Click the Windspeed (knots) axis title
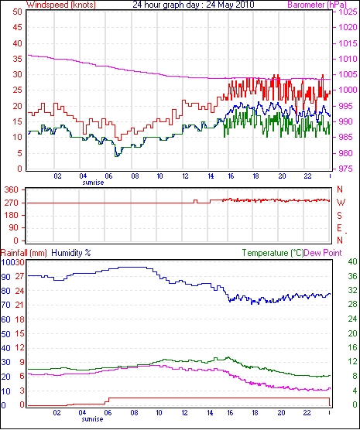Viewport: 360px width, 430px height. (x=61, y=5)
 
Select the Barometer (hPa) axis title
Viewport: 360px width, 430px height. (x=317, y=5)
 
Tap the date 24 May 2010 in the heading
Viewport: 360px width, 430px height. (x=230, y=5)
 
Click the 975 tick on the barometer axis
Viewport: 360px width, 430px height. (x=346, y=169)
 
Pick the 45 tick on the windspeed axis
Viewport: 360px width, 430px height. (x=17, y=27)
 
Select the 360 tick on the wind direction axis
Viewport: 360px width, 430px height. (x=12, y=189)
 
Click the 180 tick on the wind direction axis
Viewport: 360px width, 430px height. (x=12, y=215)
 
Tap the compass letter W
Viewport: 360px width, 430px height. (x=341, y=203)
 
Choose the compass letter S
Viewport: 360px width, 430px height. (x=339, y=216)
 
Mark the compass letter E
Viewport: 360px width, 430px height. (x=339, y=228)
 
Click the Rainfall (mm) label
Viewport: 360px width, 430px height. (x=24, y=253)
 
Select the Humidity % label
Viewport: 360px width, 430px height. (x=71, y=253)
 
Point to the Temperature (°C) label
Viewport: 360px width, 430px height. (x=273, y=253)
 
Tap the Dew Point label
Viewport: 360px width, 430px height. (x=323, y=253)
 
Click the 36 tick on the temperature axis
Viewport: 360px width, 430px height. (x=352, y=276)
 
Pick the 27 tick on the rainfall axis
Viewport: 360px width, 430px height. (x=20, y=276)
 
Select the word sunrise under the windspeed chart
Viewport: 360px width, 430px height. (x=94, y=183)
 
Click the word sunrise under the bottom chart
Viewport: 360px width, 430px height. (x=93, y=419)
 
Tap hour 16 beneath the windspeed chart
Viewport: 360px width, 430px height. (x=231, y=176)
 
